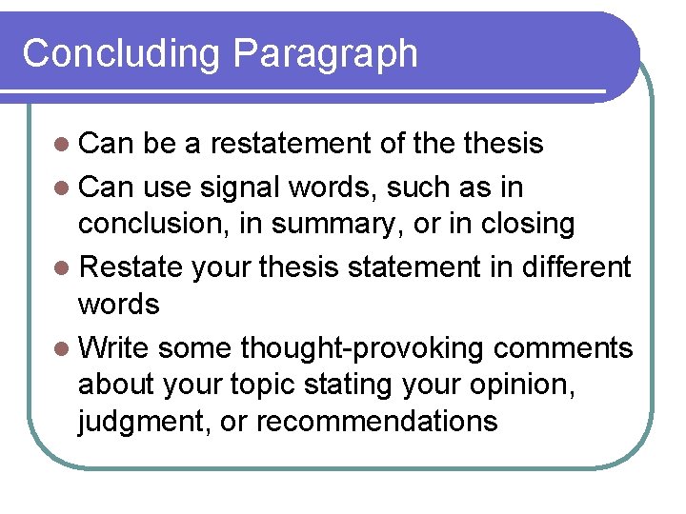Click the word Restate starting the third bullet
pyautogui.click(x=131, y=267)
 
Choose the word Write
pyautogui.click(x=113, y=347)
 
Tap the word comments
pyautogui.click(x=562, y=347)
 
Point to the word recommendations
pyautogui.click(x=376, y=421)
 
